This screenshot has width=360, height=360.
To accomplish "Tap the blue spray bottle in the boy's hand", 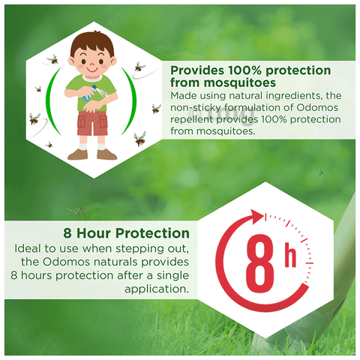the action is [90, 93].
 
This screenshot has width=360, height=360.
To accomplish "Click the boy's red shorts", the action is [92, 123].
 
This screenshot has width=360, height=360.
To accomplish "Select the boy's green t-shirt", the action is [91, 91].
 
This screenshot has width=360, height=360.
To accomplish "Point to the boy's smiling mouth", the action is [92, 70].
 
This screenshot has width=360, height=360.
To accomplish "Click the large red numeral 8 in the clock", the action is [260, 264].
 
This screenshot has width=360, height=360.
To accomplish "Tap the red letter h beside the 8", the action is [290, 256].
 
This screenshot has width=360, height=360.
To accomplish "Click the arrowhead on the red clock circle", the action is [257, 217].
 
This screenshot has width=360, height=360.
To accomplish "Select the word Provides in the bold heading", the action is [197, 70].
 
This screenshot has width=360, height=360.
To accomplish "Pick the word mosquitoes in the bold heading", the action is [240, 82].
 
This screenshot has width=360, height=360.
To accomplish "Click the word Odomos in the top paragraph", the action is [317, 107].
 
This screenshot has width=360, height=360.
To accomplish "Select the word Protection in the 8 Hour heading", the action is [152, 233].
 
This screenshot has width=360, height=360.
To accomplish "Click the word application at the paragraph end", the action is [157, 289].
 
